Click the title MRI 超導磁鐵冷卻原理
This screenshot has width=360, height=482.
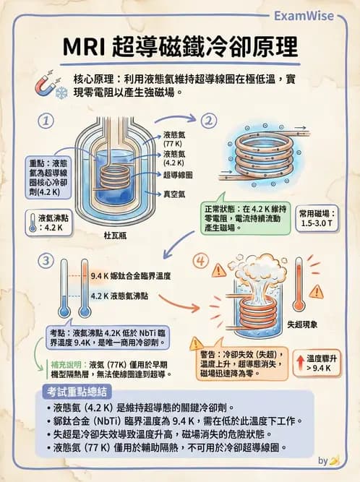[179, 46]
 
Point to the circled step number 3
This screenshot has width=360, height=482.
[47, 260]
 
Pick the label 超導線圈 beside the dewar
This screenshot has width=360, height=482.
[178, 174]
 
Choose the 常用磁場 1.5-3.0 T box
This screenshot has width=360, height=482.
[320, 218]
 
